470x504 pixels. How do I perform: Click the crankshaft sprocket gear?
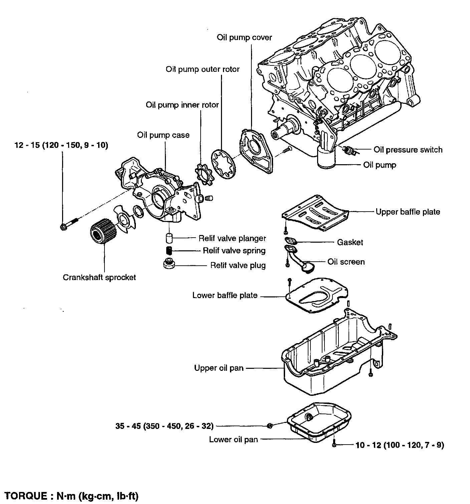(103, 231)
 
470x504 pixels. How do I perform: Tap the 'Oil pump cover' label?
(244, 38)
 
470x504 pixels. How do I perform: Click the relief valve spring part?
(169, 250)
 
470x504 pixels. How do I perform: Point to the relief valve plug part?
(169, 264)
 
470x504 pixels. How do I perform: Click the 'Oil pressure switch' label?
(408, 150)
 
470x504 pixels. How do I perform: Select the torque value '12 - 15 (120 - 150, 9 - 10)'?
(61, 145)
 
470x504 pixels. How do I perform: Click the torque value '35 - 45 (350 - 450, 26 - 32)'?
(164, 426)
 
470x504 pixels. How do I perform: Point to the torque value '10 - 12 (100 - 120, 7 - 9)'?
(400, 445)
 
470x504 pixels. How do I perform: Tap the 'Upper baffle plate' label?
(408, 212)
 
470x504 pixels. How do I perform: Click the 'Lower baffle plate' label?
(225, 295)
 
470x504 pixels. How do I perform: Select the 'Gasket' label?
(350, 242)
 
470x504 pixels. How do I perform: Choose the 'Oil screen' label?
(346, 262)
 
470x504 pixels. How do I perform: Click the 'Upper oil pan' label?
(219, 368)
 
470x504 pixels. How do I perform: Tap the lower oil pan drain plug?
(270, 426)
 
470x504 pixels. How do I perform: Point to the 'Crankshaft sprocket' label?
(99, 277)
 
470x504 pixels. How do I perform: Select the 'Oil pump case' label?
(163, 135)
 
